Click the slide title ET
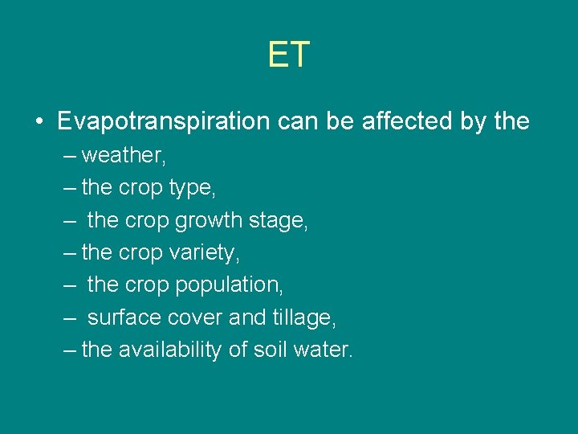(x=289, y=55)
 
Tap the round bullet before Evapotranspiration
(x=39, y=122)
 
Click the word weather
(x=122, y=155)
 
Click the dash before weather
(x=70, y=155)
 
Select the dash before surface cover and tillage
(x=70, y=317)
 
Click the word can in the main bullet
(x=294, y=121)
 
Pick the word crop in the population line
(x=144, y=285)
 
